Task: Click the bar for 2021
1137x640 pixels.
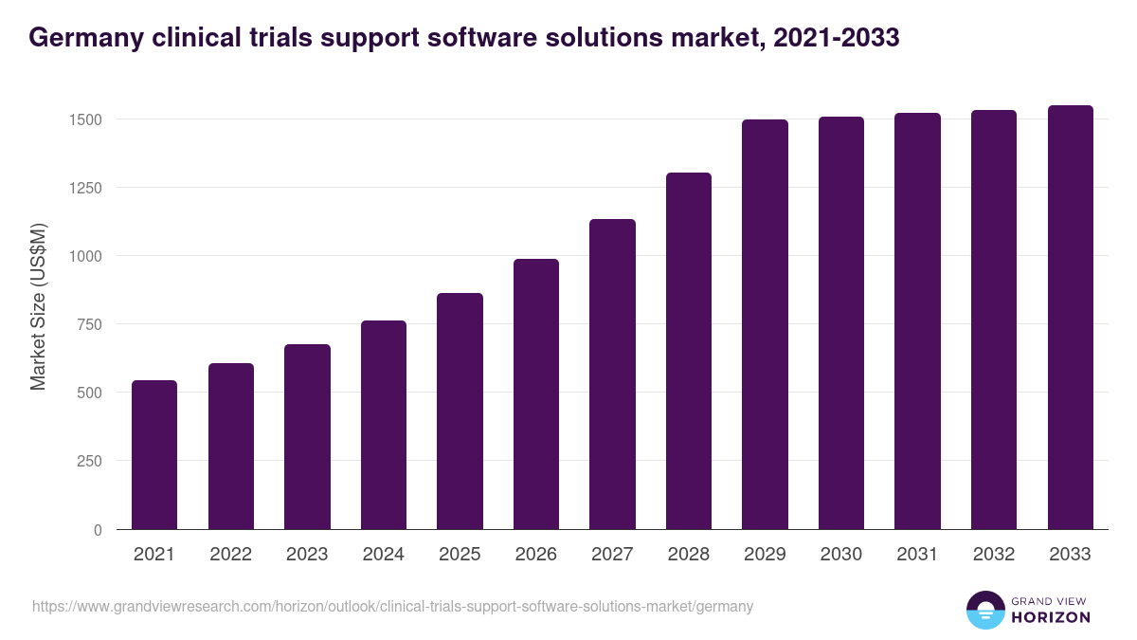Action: point(154,455)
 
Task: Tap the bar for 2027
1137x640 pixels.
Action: point(612,375)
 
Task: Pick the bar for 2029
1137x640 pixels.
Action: point(765,324)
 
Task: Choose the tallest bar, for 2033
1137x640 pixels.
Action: point(1070,318)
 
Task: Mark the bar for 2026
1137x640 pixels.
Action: point(536,394)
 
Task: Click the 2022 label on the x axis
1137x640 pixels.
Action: point(230,555)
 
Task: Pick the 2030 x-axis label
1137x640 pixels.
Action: point(840,555)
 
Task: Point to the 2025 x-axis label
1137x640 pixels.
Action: point(460,555)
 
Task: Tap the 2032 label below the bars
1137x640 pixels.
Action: point(993,555)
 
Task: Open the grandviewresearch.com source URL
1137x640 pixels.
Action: point(393,606)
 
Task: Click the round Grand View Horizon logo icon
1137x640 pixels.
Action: point(985,610)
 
